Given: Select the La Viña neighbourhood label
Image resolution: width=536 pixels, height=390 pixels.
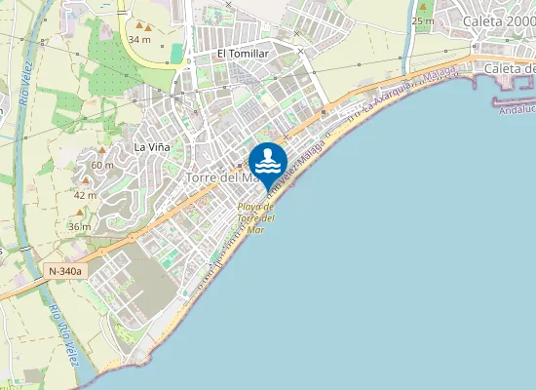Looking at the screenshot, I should tap(153, 147).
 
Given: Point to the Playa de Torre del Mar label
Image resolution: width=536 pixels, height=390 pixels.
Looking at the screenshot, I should tap(256, 217).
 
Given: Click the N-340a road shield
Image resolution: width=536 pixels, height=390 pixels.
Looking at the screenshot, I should tap(65, 270).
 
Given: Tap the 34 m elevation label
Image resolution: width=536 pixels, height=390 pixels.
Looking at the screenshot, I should tap(139, 39).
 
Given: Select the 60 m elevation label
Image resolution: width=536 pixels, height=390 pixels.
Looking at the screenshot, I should tap(102, 165).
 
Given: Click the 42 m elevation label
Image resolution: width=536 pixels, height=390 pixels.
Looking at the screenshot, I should tap(85, 195).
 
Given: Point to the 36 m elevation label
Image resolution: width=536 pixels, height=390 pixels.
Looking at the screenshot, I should tap(80, 226).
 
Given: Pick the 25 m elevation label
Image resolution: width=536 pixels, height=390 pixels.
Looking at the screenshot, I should tap(422, 20).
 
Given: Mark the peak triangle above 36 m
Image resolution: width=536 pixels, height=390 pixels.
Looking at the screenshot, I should tap(79, 214).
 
